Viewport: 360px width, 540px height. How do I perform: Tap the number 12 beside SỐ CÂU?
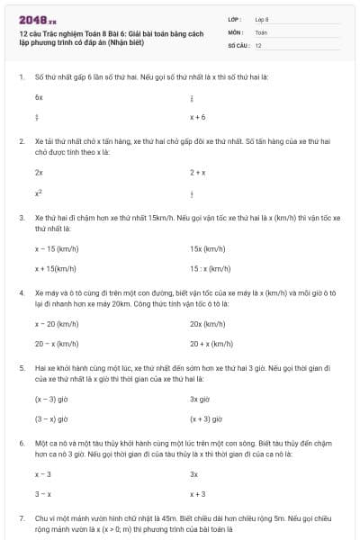(259, 44)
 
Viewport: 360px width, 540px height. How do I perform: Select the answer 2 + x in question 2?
(198, 171)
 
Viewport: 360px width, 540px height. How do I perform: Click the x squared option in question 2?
(39, 192)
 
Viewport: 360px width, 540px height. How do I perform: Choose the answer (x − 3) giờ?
(51, 398)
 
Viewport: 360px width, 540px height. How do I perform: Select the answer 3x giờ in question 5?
(199, 398)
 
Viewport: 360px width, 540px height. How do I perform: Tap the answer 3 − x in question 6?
(43, 494)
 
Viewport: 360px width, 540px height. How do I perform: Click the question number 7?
(21, 519)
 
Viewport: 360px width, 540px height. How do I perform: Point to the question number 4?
(21, 292)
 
